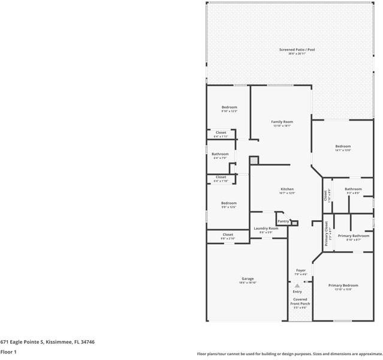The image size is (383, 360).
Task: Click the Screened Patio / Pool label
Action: click(x=297, y=50)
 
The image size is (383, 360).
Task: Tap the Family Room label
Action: click(x=282, y=122)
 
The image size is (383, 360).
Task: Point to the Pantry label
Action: click(x=283, y=221)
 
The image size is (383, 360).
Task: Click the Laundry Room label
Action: click(x=266, y=228)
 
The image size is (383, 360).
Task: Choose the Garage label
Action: click(x=248, y=278)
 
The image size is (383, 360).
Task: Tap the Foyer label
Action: click(x=301, y=271)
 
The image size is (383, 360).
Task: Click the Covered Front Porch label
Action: click(x=300, y=301)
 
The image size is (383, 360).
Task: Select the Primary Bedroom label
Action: click(x=343, y=285)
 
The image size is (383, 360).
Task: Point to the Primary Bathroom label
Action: click(x=353, y=236)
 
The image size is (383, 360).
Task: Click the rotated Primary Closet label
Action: click(x=327, y=233)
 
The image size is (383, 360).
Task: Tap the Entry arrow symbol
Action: click(x=297, y=286)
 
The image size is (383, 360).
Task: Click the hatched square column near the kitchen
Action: click(x=254, y=161)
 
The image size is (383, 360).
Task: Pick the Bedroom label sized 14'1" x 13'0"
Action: click(x=343, y=146)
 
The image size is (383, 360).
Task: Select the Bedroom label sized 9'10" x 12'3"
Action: click(x=229, y=107)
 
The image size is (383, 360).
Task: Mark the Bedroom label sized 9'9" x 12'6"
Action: click(x=228, y=203)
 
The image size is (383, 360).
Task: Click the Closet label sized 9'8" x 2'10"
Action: click(x=228, y=235)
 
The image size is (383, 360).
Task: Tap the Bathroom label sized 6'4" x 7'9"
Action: click(x=220, y=154)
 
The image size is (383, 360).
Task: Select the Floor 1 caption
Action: click(x=8, y=352)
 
